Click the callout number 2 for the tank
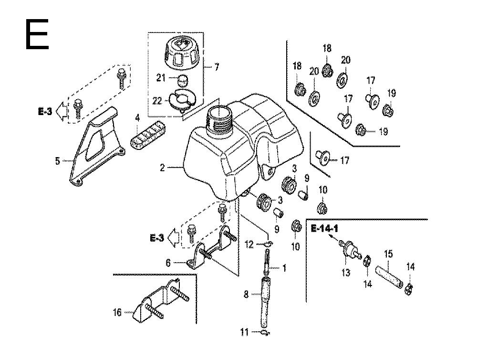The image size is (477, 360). (x=162, y=168)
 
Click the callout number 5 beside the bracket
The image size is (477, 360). (x=58, y=161)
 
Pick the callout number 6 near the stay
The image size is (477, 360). (x=168, y=263)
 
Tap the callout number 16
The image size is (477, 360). (x=117, y=313)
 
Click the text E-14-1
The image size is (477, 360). (x=325, y=229)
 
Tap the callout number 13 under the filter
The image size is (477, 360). (x=346, y=273)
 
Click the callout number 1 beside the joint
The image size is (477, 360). (x=285, y=268)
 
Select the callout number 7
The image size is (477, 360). (x=217, y=67)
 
